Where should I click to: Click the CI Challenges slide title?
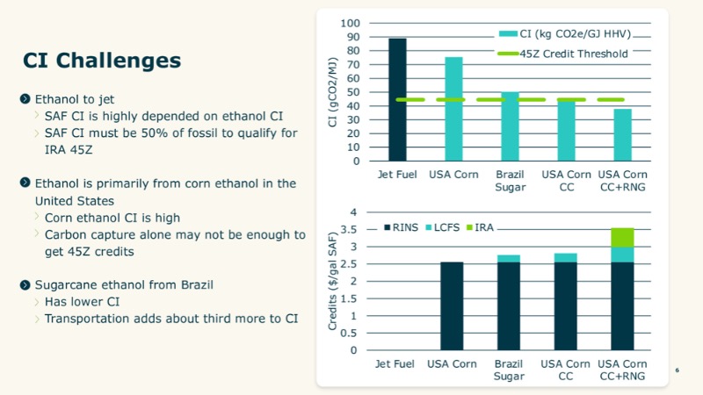point(102,61)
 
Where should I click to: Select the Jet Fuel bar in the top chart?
point(397,99)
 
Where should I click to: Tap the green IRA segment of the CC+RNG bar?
point(622,237)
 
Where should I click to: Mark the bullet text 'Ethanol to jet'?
point(74,99)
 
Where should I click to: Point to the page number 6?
point(678,371)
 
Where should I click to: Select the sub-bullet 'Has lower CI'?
point(81,301)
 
